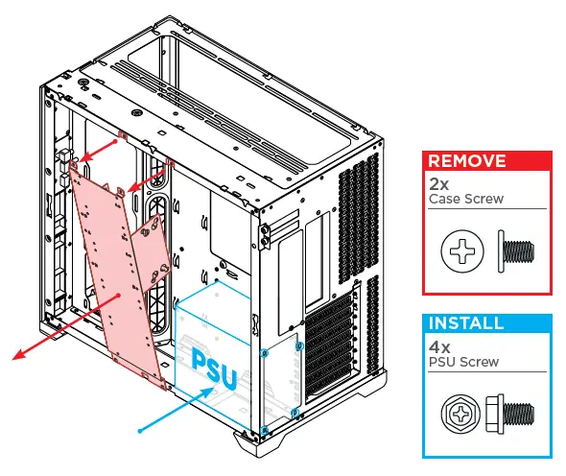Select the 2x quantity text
click(439, 182)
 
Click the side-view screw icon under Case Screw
click(516, 250)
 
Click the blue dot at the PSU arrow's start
click(140, 431)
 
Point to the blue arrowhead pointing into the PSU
click(215, 392)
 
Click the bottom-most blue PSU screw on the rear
click(265, 427)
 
